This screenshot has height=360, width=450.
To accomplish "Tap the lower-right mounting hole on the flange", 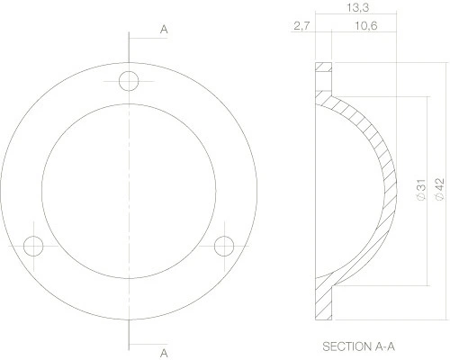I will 224,245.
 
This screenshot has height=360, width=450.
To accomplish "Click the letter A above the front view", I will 164,30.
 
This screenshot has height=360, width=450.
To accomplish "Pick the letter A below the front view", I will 164,351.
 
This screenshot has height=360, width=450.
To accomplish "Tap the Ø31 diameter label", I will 419,190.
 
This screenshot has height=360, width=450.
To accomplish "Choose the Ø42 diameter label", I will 439,190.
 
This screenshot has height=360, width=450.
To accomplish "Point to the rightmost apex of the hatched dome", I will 392,189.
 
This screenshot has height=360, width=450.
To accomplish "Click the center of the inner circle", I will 130,191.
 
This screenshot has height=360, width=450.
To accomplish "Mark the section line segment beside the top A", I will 144,36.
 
